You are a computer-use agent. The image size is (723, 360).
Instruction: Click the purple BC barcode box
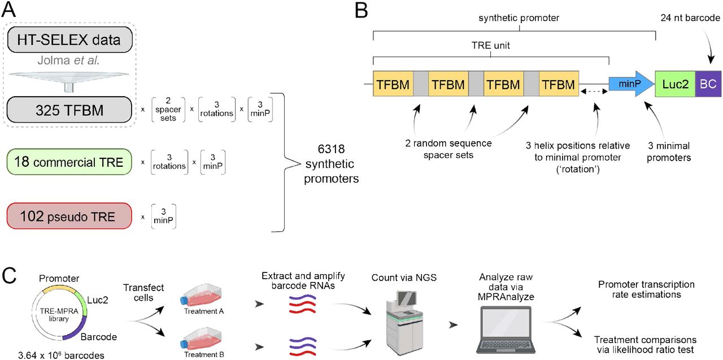click(x=708, y=85)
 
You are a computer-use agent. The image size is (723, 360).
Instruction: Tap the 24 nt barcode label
click(x=690, y=18)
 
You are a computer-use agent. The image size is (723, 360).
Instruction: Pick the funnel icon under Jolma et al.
click(x=70, y=79)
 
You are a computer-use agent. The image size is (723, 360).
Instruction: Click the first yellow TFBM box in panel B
click(x=393, y=85)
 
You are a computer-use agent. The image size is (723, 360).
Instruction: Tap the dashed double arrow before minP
click(x=593, y=90)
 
